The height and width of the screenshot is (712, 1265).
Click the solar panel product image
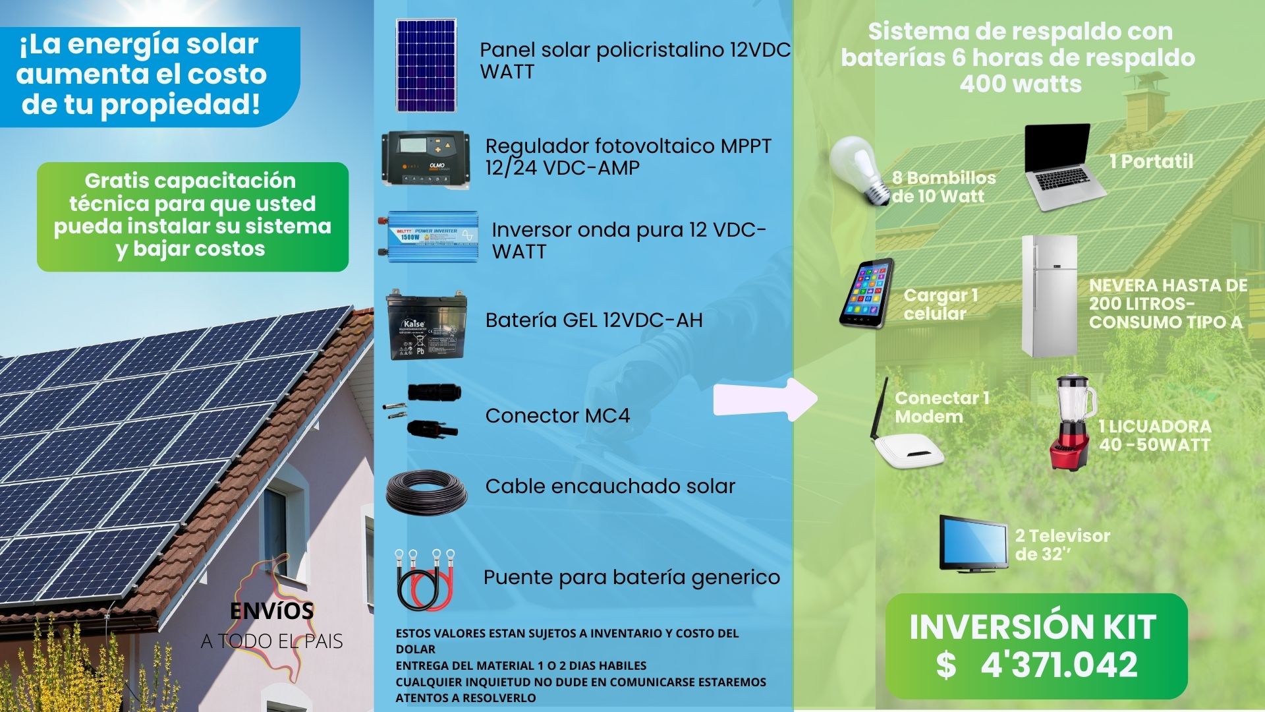(427, 66)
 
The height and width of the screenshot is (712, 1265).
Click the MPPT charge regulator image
(426, 159)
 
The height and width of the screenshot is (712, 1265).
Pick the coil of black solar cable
(427, 491)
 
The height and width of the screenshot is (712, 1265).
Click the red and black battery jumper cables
(426, 579)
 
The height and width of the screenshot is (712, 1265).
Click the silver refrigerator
(1050, 296)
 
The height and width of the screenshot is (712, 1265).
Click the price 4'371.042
(1058, 665)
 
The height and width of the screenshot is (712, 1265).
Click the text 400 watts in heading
(1020, 84)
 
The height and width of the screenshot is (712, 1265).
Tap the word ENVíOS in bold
(272, 611)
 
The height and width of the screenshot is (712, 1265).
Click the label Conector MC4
(557, 416)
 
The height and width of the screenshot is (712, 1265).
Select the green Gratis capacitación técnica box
(192, 216)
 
